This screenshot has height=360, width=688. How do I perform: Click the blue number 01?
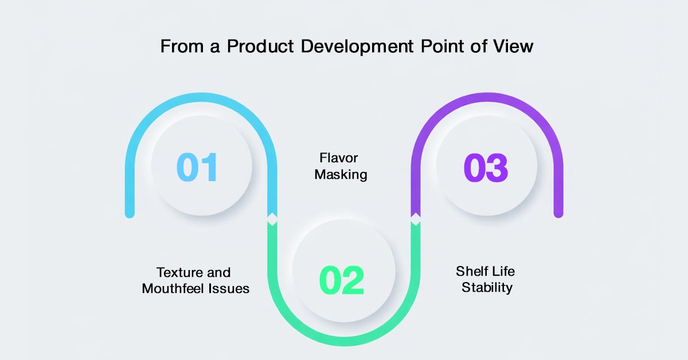[197, 167]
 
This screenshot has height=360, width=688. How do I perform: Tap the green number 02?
[342, 280]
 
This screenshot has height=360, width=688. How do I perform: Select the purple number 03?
[486, 168]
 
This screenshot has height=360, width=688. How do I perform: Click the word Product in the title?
[260, 46]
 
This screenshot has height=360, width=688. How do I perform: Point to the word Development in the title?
[357, 47]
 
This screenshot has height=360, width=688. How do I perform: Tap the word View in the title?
[513, 46]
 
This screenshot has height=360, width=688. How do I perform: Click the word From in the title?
[182, 46]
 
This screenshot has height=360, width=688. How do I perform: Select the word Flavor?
[338, 158]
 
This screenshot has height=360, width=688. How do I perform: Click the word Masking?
[341, 174]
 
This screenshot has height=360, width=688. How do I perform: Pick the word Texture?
[179, 272]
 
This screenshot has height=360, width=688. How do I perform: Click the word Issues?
[229, 288]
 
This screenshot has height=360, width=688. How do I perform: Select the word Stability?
[487, 288]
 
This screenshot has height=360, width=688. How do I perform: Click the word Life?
[505, 271]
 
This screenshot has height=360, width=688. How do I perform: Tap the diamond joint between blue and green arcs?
[272, 219]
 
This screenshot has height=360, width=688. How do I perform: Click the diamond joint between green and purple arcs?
[416, 219]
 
